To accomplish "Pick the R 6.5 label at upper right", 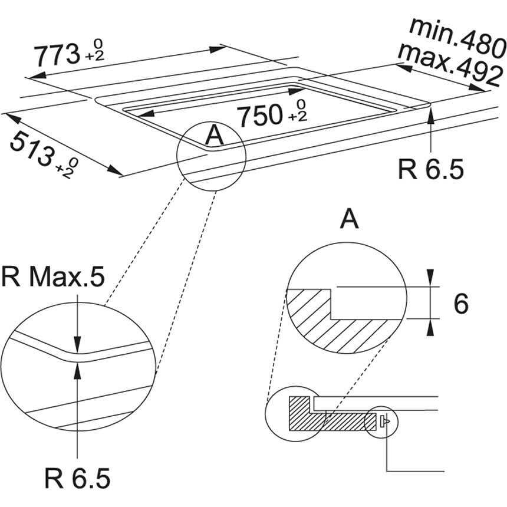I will pos(431,169).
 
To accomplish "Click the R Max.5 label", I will pos(53,277).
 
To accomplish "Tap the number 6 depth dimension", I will pos(461,304).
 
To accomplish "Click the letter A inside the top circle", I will pos(215,137).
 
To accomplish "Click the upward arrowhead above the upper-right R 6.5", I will pos(432,114).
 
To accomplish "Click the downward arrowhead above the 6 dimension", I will pos(431,278).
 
